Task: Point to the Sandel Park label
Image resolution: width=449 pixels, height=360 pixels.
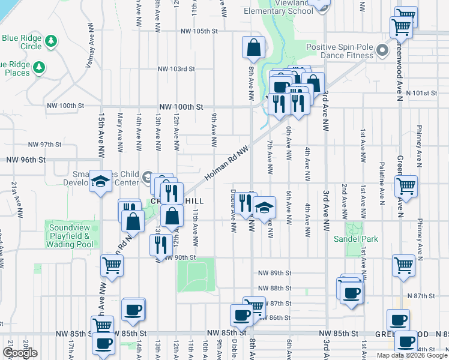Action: click(355, 239)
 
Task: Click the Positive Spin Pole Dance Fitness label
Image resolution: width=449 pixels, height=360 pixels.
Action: click(340, 51)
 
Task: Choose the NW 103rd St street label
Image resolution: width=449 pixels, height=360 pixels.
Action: click(176, 69)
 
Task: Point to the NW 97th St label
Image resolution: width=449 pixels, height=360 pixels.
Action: click(45, 145)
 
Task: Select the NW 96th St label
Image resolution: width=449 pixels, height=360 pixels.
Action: click(26, 160)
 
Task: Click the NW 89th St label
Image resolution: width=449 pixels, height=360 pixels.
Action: click(274, 272)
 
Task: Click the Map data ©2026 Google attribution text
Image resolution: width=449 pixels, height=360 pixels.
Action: click(411, 355)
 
